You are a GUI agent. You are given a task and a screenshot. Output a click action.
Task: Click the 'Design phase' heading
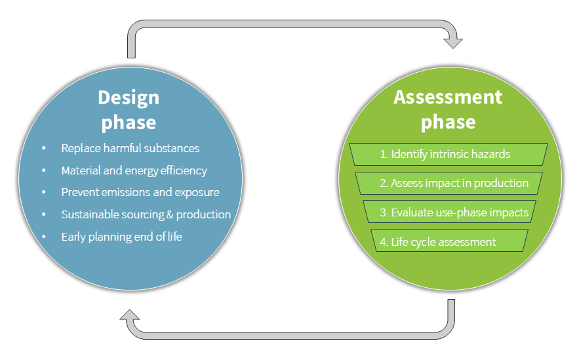129,110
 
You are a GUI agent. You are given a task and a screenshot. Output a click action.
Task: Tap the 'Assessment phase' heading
448,109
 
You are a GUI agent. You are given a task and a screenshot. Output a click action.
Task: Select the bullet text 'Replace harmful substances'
130,148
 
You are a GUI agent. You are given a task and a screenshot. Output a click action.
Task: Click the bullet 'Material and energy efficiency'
134,170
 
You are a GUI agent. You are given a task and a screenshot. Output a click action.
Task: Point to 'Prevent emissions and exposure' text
140,192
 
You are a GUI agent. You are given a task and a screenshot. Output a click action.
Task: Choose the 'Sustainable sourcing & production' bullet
146,214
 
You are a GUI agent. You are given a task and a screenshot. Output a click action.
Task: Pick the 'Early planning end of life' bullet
121,236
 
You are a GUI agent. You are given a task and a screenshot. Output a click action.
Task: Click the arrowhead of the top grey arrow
453,41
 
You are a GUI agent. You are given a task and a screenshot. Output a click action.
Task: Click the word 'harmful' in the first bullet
127,148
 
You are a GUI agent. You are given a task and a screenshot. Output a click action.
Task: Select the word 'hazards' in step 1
490,154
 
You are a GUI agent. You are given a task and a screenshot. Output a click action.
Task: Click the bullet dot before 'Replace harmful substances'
44,149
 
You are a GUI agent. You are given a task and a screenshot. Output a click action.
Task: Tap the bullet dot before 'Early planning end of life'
44,237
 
